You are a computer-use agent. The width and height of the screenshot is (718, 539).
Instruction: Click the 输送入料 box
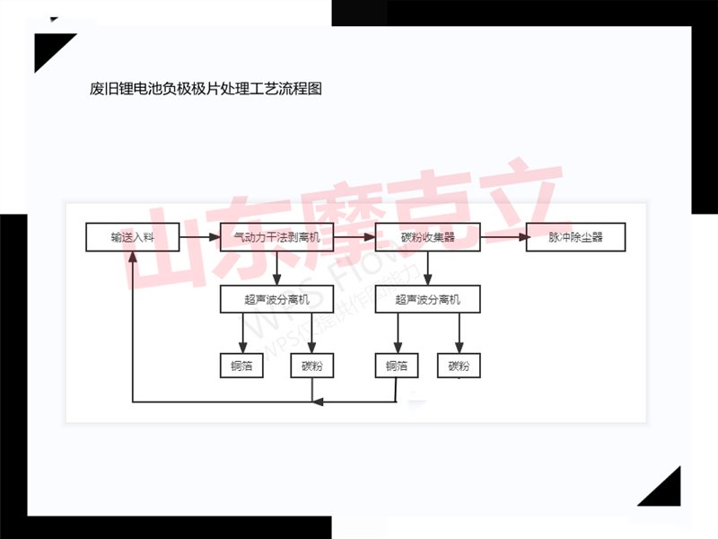pos(133,238)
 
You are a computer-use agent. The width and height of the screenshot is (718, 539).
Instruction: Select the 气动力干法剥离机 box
pos(276,238)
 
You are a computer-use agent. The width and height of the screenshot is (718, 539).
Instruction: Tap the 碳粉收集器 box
pos(427,238)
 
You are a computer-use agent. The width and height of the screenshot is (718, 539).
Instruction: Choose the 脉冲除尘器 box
pos(575,238)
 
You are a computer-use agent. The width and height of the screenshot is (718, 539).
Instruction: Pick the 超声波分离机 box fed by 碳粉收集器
pos(427,299)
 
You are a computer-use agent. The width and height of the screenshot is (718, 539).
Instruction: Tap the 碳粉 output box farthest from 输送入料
pos(459,366)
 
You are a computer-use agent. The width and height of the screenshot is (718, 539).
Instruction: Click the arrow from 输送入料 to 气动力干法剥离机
pos(200,238)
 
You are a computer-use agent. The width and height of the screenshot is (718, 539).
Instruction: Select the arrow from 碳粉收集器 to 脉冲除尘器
pos(503,238)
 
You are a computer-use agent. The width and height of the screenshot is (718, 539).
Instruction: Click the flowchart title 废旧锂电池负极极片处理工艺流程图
pos(206,89)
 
